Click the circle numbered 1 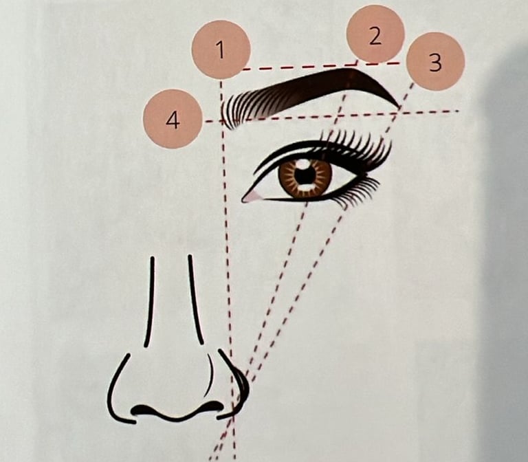tap(221, 49)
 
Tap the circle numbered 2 tap(375, 34)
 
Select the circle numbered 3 tap(435, 61)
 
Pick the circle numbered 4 tap(173, 119)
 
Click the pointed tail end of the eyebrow tap(398, 107)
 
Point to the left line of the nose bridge tap(149, 302)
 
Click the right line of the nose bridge tap(196, 300)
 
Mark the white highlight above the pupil tap(304, 164)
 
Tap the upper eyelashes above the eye tap(357, 145)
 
